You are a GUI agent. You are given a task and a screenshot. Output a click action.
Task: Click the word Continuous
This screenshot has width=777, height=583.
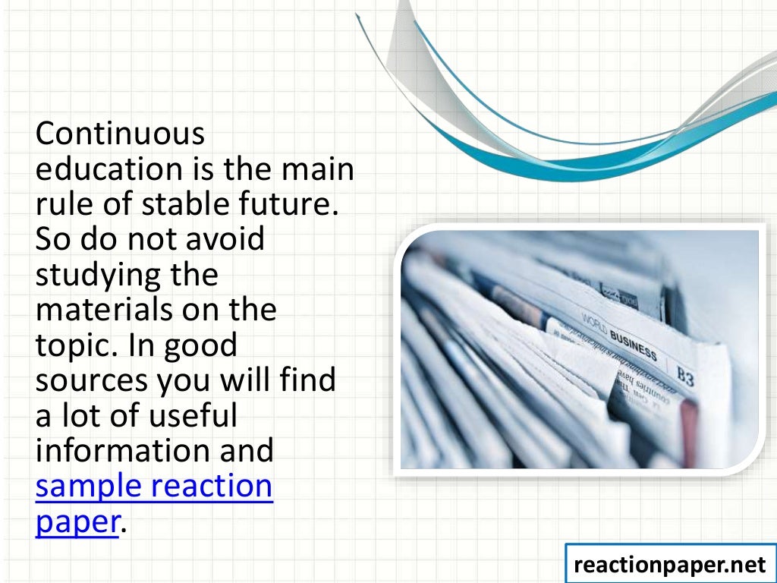[120, 134]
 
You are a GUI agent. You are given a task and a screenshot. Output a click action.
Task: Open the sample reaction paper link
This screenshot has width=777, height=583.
[153, 485]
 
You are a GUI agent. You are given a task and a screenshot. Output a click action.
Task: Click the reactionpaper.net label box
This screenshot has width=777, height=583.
[670, 563]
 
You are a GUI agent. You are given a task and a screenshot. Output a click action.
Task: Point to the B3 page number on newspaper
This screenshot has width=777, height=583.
[684, 377]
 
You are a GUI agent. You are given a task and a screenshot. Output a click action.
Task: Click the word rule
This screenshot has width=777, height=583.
[61, 203]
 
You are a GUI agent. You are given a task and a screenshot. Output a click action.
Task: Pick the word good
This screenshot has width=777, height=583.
[200, 345]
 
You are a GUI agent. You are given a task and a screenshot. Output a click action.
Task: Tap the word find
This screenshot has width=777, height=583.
[308, 380]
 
